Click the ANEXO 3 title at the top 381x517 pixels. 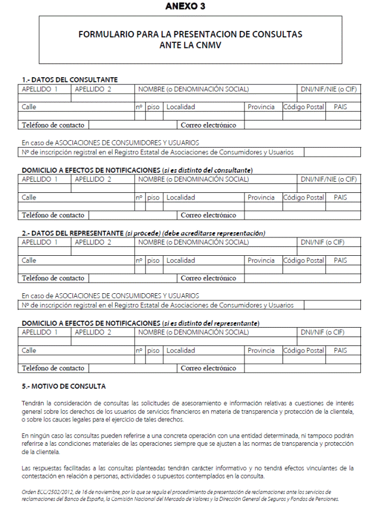(x=190, y=7)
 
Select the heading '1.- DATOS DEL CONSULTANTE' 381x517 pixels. (x=69, y=80)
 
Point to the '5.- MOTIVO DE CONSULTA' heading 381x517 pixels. (x=63, y=386)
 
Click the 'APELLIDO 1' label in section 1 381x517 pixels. (x=39, y=89)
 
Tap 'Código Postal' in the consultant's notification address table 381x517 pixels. (x=304, y=197)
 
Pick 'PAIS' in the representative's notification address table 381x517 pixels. (x=340, y=350)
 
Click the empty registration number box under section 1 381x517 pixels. (x=331, y=152)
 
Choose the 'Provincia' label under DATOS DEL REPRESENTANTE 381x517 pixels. (x=261, y=260)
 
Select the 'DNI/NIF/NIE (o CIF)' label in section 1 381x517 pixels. (x=329, y=89)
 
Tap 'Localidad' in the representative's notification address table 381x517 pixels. (x=180, y=350)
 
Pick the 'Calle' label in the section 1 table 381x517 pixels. (x=29, y=107)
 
